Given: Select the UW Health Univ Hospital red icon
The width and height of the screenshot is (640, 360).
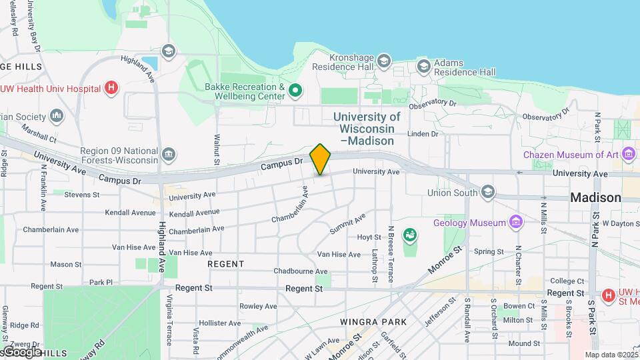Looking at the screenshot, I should pyautogui.click(x=112, y=88).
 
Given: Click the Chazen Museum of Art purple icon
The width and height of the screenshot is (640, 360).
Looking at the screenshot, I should pyautogui.click(x=627, y=155).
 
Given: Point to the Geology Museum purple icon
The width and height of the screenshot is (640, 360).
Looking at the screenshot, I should pyautogui.click(x=515, y=221).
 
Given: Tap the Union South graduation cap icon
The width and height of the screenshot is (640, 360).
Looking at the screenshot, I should pyautogui.click(x=488, y=193).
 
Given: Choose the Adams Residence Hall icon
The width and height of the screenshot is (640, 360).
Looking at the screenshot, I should pyautogui.click(x=423, y=66).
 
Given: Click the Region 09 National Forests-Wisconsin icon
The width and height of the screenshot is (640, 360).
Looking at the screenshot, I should pyautogui.click(x=169, y=155).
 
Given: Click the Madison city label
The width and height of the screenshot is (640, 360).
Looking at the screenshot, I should pyautogui.click(x=595, y=197).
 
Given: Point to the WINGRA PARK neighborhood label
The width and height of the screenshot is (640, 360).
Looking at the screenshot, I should pyautogui.click(x=373, y=321).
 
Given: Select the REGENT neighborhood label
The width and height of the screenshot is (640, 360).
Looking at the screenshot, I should pyautogui.click(x=226, y=264).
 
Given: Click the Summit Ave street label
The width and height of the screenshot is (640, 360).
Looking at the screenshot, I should pyautogui.click(x=347, y=223).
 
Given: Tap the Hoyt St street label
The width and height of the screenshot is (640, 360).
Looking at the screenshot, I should pyautogui.click(x=369, y=237).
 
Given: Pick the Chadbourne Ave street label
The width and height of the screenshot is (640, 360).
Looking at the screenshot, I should pyautogui.click(x=301, y=271).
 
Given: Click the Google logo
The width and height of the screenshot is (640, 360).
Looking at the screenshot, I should pyautogui.click(x=21, y=351).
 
